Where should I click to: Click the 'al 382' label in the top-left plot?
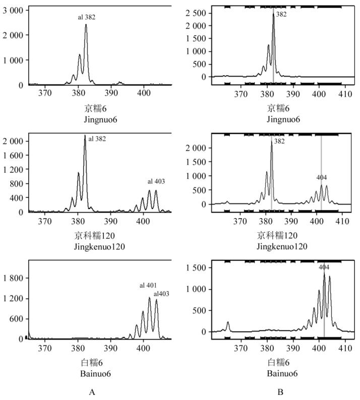pyautogui.click(x=86, y=18)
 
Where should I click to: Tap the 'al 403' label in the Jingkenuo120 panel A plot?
pyautogui.click(x=156, y=181)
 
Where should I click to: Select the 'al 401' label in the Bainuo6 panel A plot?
pyautogui.click(x=149, y=286)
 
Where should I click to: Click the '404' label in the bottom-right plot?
pyautogui.click(x=324, y=267)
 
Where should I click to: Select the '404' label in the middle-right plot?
pyautogui.click(x=322, y=178)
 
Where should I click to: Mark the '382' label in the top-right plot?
pyautogui.click(x=281, y=15)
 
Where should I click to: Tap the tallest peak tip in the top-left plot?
pyautogui.click(x=86, y=25)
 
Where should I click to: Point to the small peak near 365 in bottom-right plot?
pyautogui.click(x=228, y=322)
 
